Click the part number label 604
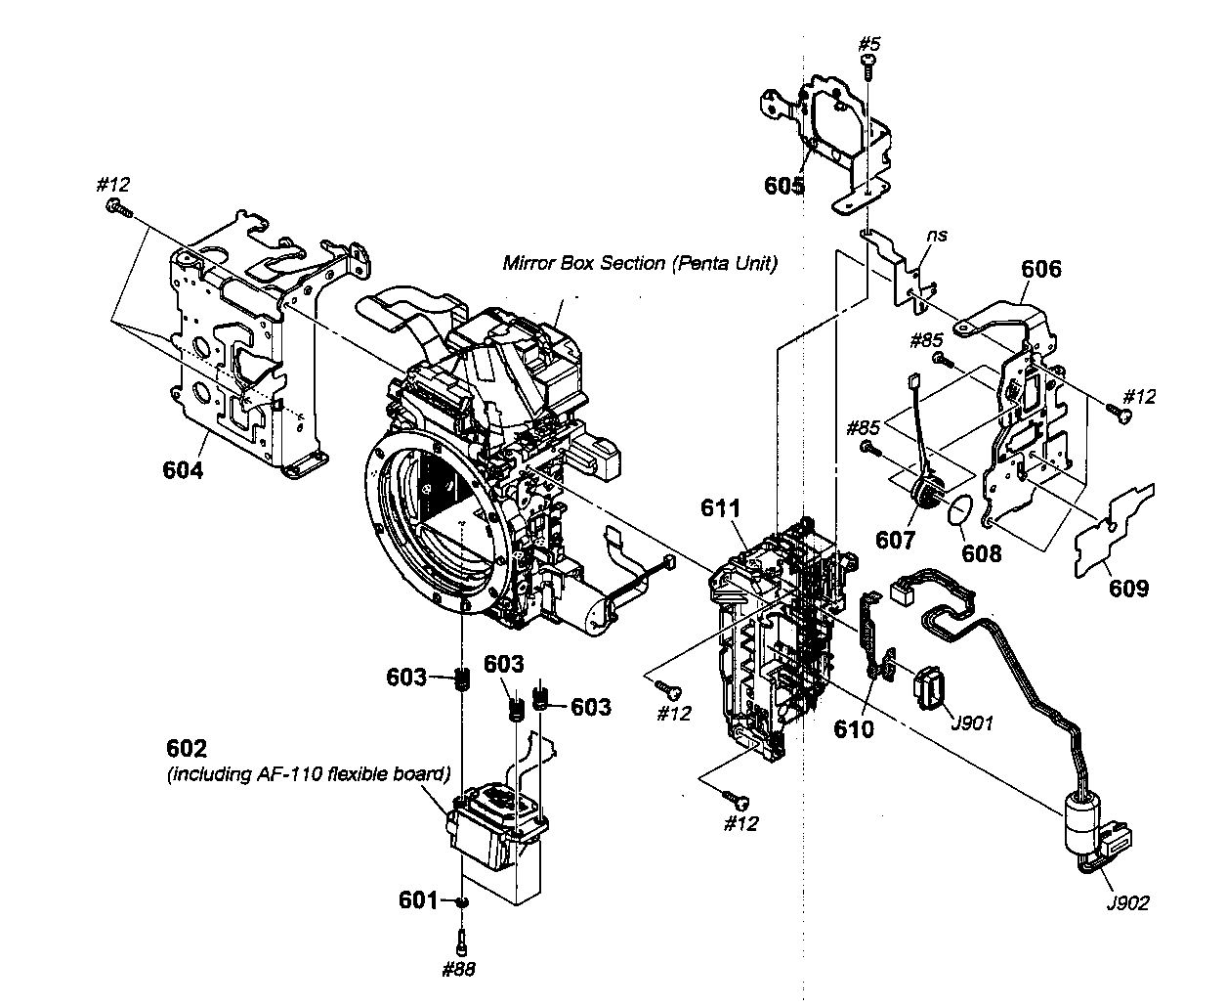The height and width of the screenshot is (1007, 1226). click(183, 470)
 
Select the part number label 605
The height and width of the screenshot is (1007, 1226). click(784, 184)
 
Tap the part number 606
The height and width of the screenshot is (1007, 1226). click(1040, 268)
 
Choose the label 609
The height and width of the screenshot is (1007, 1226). click(1128, 588)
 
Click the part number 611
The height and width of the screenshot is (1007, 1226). click(720, 508)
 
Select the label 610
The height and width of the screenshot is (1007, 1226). click(853, 728)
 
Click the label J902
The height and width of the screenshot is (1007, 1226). click(1127, 902)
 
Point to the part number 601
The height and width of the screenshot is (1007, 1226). click(419, 899)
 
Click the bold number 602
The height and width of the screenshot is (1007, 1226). click(187, 748)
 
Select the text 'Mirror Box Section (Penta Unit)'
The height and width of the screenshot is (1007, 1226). click(640, 263)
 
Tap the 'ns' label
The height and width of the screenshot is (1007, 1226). click(938, 236)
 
